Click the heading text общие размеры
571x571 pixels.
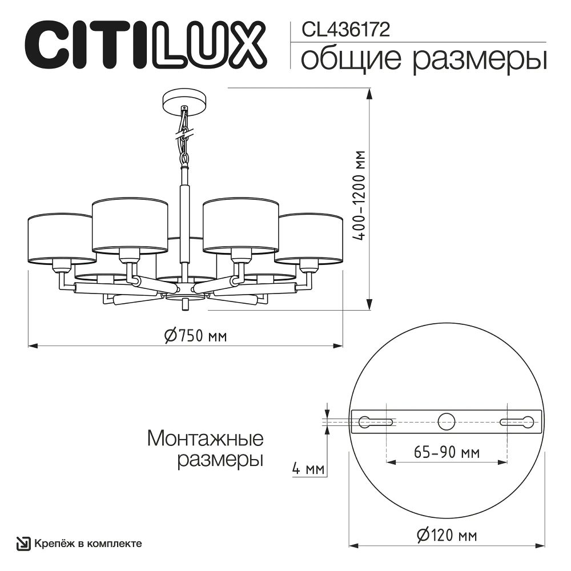423,59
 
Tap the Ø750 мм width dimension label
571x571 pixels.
195,336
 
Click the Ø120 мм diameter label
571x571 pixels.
447,535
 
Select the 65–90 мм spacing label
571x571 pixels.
446,452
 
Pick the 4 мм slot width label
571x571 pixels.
307,469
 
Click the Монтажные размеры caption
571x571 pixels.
206,449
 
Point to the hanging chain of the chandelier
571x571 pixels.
184,137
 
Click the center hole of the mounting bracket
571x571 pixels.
447,422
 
